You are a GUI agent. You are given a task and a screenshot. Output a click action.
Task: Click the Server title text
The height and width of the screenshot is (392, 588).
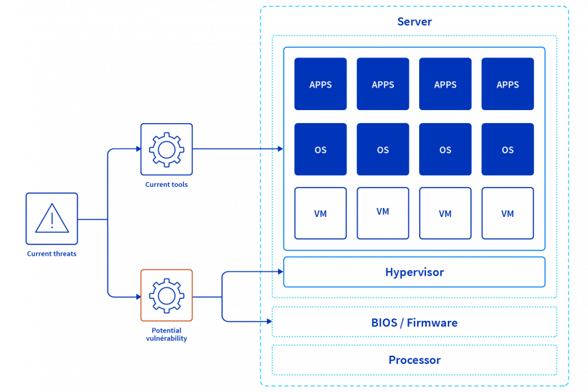(x=414, y=22)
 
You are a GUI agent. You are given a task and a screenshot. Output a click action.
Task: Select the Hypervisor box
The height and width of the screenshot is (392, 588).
(x=414, y=272)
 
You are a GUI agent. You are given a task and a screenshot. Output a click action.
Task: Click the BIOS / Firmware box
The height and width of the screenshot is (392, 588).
(x=414, y=322)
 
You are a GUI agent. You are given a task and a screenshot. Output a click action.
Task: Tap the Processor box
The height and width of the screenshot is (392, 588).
(x=414, y=360)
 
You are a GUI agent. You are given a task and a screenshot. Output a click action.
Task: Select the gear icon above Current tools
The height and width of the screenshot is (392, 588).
(x=166, y=149)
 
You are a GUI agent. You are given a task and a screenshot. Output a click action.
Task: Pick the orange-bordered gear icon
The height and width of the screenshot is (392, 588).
(x=166, y=296)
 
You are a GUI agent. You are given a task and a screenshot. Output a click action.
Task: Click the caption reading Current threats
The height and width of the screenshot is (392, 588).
(x=52, y=254)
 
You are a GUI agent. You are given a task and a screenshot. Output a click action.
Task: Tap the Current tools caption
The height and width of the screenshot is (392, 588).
(x=166, y=185)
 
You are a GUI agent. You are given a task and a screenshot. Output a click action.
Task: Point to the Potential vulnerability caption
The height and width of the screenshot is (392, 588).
(x=166, y=335)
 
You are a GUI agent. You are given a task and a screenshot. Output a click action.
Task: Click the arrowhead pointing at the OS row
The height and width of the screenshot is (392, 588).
(x=279, y=148)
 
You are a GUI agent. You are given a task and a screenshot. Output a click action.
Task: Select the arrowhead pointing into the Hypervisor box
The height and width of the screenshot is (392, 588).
(x=279, y=272)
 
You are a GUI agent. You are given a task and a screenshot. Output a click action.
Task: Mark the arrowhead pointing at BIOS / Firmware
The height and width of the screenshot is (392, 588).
(x=268, y=321)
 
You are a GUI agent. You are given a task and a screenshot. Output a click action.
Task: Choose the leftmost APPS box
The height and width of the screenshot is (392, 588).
(x=320, y=84)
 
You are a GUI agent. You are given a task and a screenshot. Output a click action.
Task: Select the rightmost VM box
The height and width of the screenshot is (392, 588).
(x=507, y=213)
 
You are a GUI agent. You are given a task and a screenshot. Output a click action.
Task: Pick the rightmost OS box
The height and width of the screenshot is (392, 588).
(x=507, y=150)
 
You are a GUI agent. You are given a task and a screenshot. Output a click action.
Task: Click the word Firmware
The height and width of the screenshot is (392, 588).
(x=432, y=322)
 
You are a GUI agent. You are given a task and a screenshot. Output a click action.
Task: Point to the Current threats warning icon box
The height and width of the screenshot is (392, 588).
(x=52, y=219)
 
